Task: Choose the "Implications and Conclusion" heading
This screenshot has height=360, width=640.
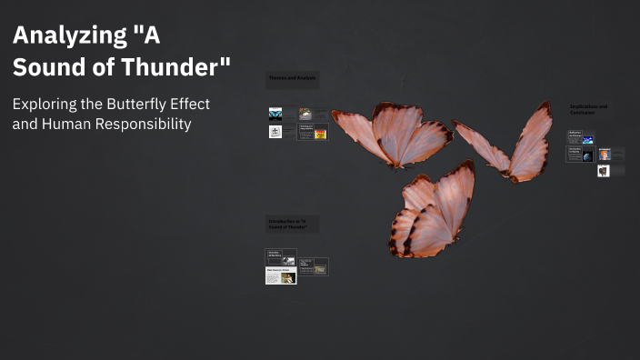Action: click(x=588, y=109)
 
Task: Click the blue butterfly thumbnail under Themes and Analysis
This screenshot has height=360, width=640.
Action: click(x=275, y=114)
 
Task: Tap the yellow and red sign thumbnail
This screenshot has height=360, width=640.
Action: click(x=319, y=133)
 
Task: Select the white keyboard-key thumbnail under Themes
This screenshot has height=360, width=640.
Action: click(x=275, y=132)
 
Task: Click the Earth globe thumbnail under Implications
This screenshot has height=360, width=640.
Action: click(x=587, y=155)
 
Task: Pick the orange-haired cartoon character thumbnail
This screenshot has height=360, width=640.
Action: click(x=605, y=155)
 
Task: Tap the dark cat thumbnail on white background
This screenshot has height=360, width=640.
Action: click(x=604, y=170)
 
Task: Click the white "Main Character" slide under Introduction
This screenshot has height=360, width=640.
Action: click(x=280, y=275)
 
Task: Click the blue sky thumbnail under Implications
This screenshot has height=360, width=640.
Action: click(x=587, y=140)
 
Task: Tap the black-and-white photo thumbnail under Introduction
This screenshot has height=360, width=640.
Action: click(x=288, y=260)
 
